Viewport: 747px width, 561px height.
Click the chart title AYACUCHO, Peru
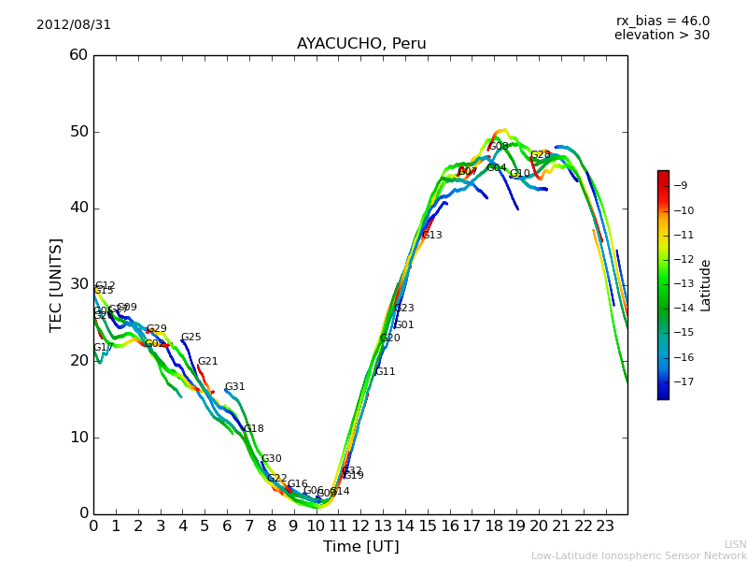coord(361,44)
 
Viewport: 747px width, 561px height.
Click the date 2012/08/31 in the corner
coord(74,25)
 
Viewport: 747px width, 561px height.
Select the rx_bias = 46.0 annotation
coord(662,22)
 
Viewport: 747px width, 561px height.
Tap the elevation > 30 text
coord(661,36)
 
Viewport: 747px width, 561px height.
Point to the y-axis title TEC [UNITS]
coord(57,284)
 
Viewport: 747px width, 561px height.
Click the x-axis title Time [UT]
coord(360,547)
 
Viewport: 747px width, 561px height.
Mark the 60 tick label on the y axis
coord(78,55)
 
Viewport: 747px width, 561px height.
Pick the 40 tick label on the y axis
coord(78,208)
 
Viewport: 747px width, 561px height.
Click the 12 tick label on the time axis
coord(360,525)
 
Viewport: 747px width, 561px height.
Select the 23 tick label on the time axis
coord(605,525)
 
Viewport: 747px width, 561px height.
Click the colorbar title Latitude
coord(706,285)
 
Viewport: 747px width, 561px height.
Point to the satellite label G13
coord(432,236)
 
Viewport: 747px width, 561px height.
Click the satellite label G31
coord(235,387)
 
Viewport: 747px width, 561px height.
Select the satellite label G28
coord(541,155)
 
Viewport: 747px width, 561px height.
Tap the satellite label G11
coord(386,372)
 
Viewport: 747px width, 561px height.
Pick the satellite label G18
coord(254,429)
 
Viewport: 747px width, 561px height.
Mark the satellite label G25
coord(191,338)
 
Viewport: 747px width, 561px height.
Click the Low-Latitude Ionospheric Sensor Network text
coord(639,555)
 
